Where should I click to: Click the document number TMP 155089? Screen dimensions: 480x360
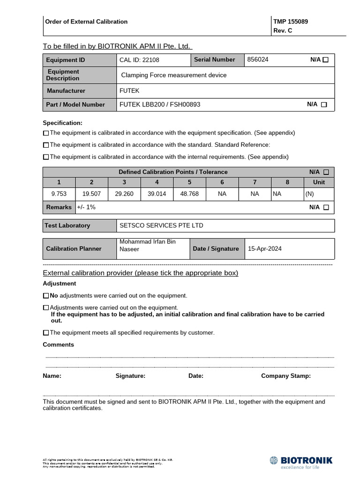click(x=291, y=22)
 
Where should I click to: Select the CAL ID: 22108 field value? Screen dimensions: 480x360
click(x=139, y=60)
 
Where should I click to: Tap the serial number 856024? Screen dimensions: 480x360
click(x=258, y=60)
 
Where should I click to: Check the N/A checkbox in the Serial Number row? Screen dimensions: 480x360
click(x=326, y=60)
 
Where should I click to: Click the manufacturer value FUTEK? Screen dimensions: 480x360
click(x=129, y=90)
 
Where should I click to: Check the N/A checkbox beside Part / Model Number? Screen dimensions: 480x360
click(x=324, y=105)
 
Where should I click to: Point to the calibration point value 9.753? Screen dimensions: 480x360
click(x=59, y=194)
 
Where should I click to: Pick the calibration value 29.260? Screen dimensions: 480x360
click(x=124, y=194)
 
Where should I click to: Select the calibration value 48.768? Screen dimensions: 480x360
click(x=189, y=194)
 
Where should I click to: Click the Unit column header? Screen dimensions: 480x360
click(x=319, y=182)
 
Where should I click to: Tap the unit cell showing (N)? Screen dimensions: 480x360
click(x=309, y=194)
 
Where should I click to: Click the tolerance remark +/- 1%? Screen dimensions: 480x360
click(x=86, y=207)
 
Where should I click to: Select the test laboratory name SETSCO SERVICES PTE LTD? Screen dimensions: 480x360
click(x=161, y=225)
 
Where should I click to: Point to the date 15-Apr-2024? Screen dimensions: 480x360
click(x=264, y=249)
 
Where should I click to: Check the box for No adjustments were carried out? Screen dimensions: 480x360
click(x=46, y=296)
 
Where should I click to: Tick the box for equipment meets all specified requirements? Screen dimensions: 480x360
click(x=46, y=333)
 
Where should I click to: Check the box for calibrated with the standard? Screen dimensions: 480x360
click(x=46, y=145)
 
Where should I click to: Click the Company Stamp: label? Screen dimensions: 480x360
click(x=285, y=376)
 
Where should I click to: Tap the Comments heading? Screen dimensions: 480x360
click(x=58, y=345)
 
